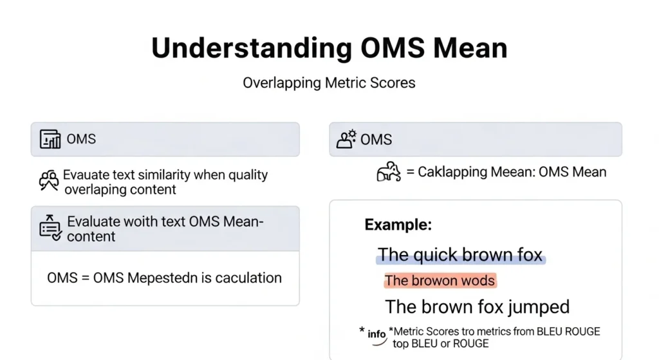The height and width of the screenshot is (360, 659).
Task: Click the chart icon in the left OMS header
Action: click(50, 139)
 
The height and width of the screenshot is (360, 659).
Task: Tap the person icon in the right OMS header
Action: click(346, 139)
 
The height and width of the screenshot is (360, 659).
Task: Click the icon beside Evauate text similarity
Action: click(50, 181)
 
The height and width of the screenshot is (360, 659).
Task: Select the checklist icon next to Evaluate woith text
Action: click(51, 228)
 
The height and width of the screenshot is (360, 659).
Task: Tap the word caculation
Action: click(248, 278)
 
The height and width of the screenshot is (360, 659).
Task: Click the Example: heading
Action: click(398, 225)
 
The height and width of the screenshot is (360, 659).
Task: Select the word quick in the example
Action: click(436, 254)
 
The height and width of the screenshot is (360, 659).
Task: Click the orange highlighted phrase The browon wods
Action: click(440, 280)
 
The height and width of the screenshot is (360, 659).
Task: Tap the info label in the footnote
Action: click(376, 334)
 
